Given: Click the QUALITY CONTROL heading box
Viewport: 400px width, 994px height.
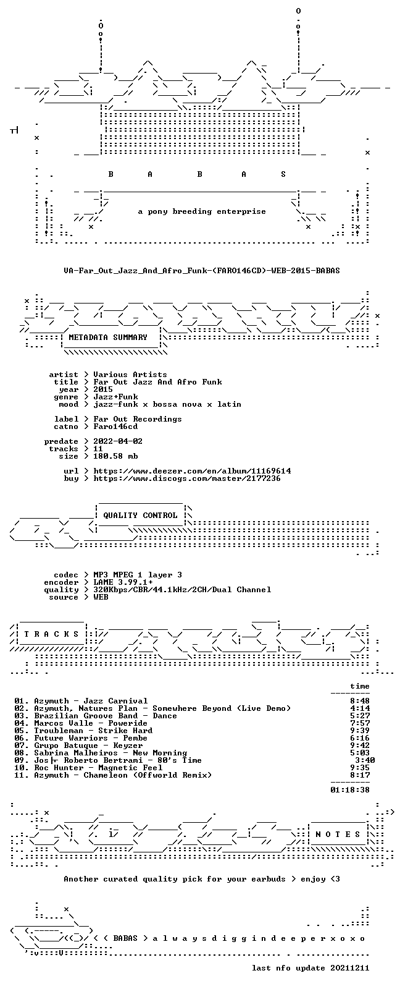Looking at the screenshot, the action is [x=140, y=515].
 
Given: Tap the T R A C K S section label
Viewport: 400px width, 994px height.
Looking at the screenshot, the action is [x=51, y=634].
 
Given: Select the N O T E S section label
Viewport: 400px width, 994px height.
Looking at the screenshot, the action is [x=338, y=835].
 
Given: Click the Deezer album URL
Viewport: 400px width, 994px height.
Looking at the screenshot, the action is [x=192, y=471].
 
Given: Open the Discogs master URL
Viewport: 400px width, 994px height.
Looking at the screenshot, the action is [x=187, y=478].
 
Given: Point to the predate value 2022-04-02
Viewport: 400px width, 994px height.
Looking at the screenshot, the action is [x=118, y=441].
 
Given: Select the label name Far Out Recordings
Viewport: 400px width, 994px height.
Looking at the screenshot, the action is [x=137, y=419].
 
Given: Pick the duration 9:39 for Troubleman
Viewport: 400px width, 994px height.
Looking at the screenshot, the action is [x=360, y=731].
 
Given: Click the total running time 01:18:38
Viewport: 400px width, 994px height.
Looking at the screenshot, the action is [x=350, y=790].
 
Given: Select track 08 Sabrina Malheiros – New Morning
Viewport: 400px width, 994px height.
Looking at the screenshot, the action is [x=101, y=753].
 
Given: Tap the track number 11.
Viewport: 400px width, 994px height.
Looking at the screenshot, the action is [x=20, y=775].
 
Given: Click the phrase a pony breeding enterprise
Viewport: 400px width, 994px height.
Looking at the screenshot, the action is [x=202, y=211].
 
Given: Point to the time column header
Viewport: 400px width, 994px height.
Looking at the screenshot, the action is [x=360, y=686].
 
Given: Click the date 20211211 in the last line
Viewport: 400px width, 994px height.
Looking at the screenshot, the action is [x=349, y=968].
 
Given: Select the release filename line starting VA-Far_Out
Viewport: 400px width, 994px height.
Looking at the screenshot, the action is [x=202, y=270].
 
